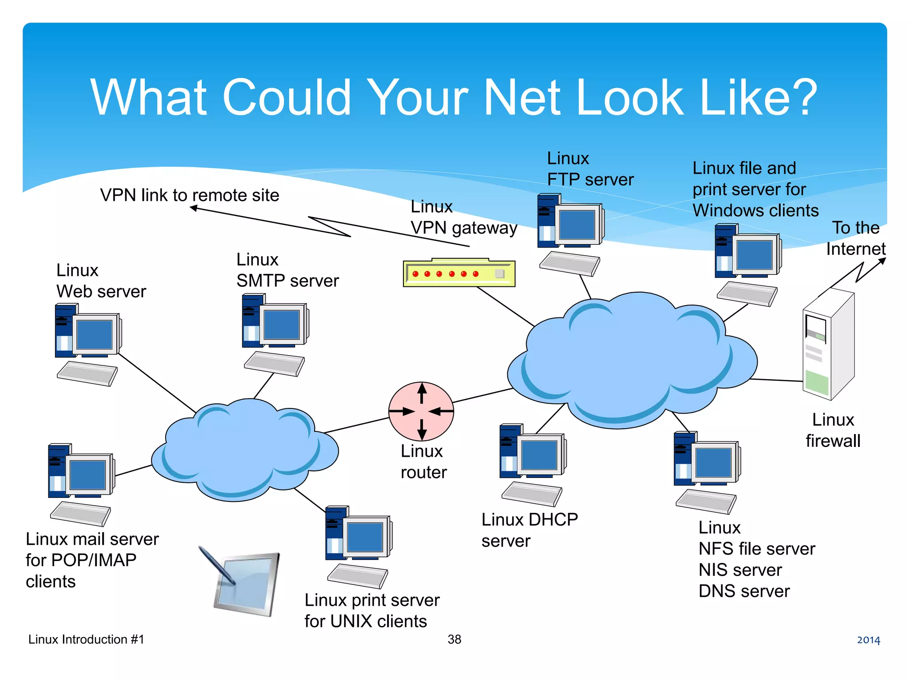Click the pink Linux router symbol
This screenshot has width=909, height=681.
421,411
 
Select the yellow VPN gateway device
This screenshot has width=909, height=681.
459,273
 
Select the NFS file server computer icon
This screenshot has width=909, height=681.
707,472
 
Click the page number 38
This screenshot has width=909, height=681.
454,639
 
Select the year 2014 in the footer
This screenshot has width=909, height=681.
868,640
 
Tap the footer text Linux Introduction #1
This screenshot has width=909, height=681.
86,639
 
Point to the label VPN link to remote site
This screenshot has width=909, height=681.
190,195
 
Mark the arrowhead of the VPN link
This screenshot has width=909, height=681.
194,207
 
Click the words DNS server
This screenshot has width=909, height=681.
744,591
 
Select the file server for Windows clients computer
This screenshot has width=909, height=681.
748,264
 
